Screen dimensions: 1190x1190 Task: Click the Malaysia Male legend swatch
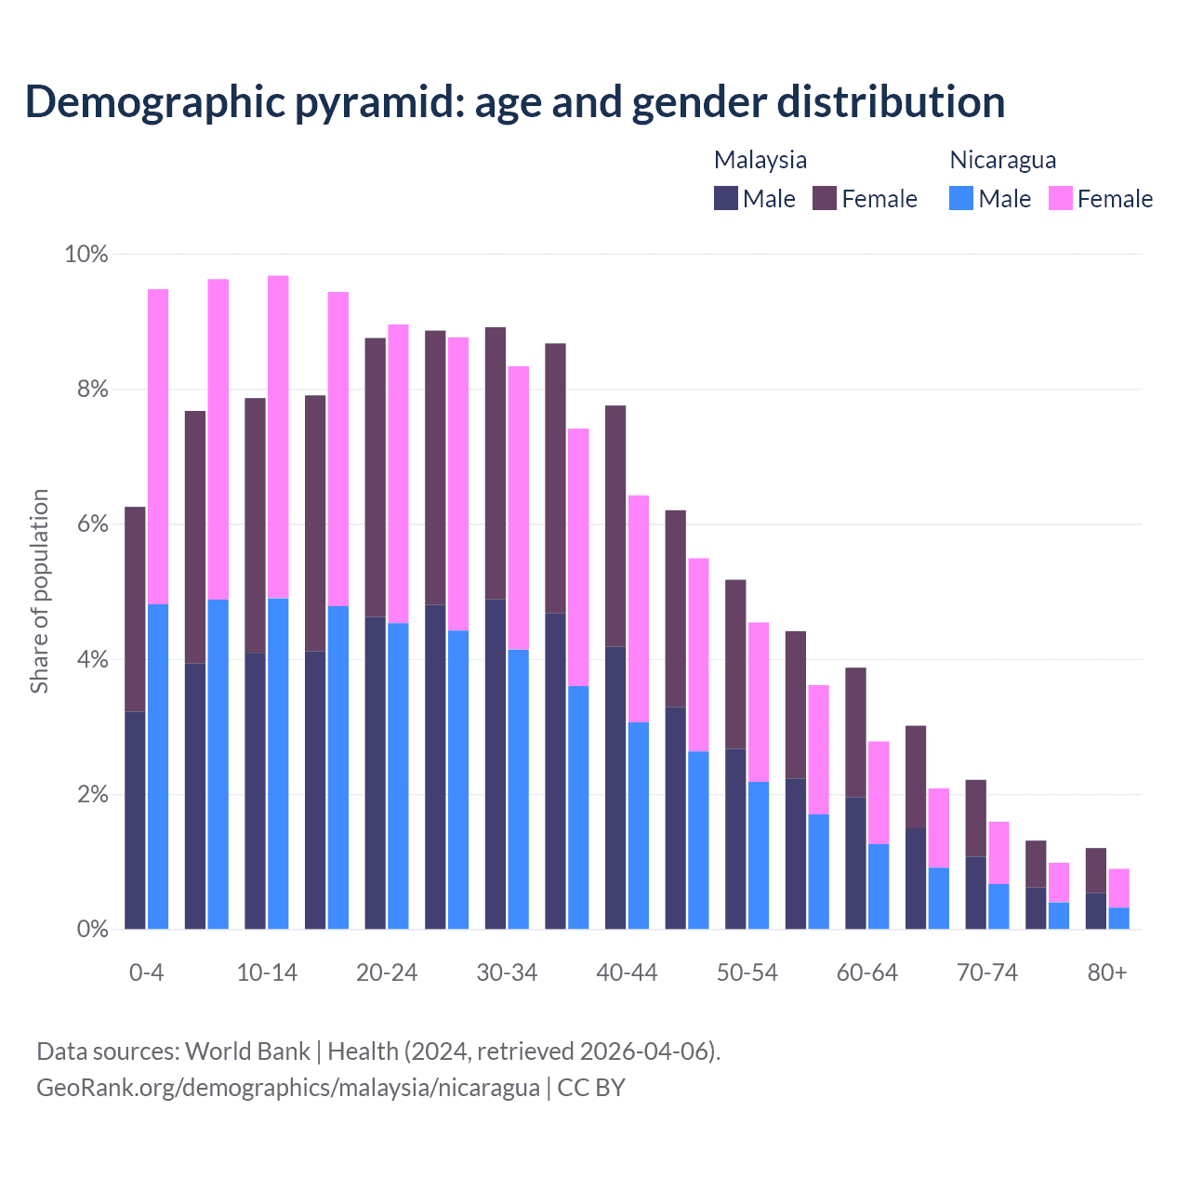coord(726,198)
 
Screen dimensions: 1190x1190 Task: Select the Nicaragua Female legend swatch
coord(1061,198)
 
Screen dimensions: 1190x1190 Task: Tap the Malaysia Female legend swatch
coord(825,198)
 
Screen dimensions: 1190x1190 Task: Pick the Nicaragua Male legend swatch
coord(961,198)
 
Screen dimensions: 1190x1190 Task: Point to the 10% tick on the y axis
coord(86,254)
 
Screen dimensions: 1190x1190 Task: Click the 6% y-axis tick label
coord(92,524)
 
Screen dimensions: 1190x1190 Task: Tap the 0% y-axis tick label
coord(92,929)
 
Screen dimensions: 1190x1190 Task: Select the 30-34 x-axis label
coord(507,972)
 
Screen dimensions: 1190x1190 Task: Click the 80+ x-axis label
coord(1107,972)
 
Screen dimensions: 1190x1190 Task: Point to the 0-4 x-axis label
coord(147,972)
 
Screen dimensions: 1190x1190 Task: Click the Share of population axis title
coord(39,591)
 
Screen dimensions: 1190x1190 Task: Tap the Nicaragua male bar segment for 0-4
coord(158,766)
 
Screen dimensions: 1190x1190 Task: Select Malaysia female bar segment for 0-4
coord(136,609)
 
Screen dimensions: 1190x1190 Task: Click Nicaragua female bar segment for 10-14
coord(278,437)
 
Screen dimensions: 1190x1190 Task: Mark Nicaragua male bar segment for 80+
coord(1119,918)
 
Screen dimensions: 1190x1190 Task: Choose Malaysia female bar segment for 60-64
coord(855,733)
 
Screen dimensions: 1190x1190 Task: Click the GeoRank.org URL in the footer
coord(288,1087)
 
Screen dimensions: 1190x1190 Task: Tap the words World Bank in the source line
coord(247,1051)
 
